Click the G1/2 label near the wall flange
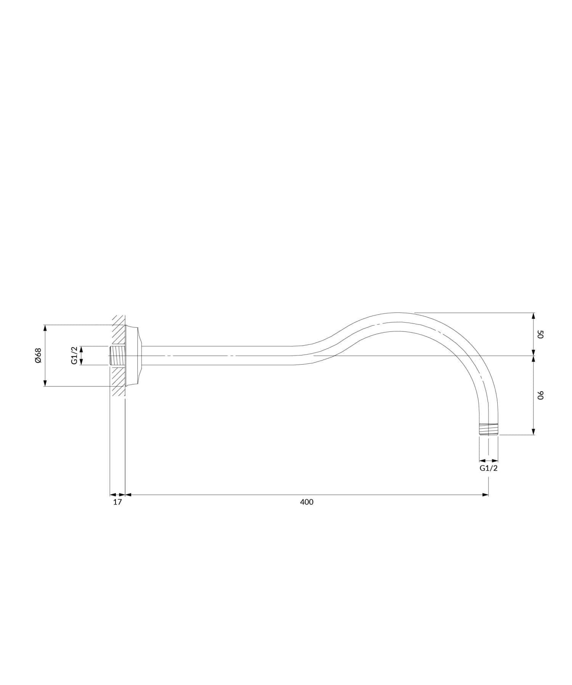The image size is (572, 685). coord(74,355)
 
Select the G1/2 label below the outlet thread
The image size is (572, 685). coord(488,468)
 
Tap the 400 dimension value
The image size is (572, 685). coord(307,502)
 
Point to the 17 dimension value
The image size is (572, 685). coord(117,502)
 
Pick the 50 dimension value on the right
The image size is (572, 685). coord(540,334)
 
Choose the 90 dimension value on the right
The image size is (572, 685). coord(540,395)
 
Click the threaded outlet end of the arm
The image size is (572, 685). coord(488,429)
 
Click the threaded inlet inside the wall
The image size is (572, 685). coord(117,355)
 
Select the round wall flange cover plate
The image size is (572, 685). coord(133,355)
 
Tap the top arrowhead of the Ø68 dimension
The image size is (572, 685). coord(45,327)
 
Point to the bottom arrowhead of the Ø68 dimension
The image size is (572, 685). coord(45,383)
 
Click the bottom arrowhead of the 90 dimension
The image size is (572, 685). coord(533,432)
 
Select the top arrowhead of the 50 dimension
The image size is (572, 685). coord(533,315)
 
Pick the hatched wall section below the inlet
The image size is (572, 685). coord(119,381)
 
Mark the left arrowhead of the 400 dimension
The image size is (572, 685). coord(128,495)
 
